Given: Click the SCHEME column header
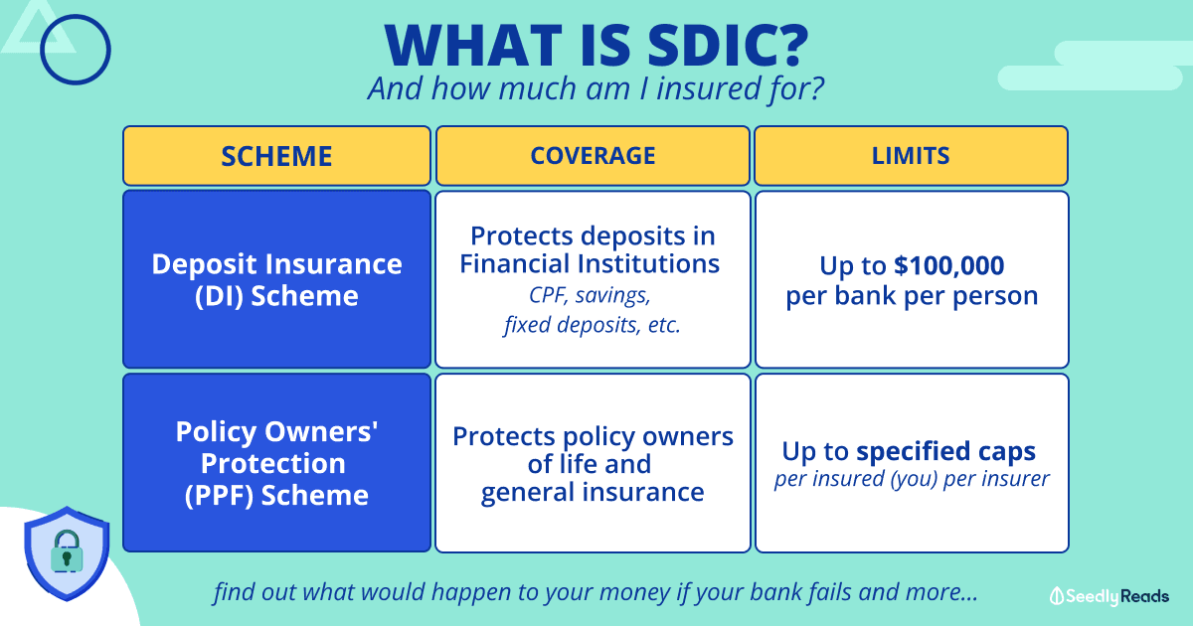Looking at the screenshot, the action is [x=276, y=156].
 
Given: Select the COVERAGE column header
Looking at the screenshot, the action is [x=593, y=156].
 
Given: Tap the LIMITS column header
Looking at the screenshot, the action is [x=911, y=156].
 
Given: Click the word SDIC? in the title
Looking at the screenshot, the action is [x=728, y=46].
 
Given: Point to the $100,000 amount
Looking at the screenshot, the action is [x=948, y=265].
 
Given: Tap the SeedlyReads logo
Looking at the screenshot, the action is [x=1108, y=596].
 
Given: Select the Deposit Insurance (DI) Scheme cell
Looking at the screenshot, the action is [x=276, y=279].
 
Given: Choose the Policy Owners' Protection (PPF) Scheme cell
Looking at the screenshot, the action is [x=276, y=463].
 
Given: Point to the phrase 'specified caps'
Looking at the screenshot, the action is [x=945, y=452].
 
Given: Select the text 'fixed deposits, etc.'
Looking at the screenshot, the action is [x=593, y=325].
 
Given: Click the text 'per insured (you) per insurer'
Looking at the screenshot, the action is [x=912, y=479].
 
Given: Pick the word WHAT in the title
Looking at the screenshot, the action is [x=473, y=46].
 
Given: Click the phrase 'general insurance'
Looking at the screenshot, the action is [x=593, y=493].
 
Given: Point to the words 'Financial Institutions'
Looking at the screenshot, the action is [x=590, y=264].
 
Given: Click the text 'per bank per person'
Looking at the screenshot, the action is [x=912, y=296].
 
